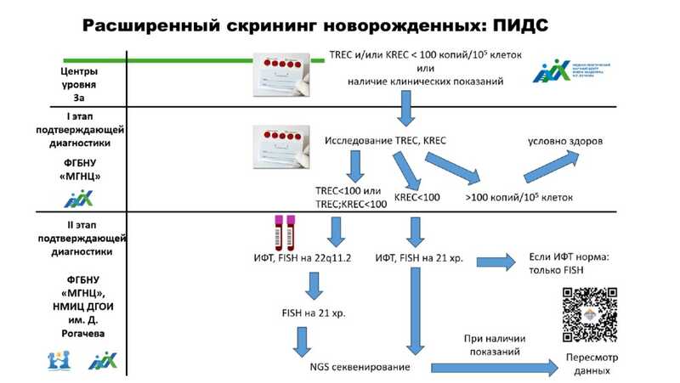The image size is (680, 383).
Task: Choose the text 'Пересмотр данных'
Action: coord(591,365)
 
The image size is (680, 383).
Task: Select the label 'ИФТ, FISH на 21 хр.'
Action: coord(420,256)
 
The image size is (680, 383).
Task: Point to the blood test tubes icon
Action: coord(282,232)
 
